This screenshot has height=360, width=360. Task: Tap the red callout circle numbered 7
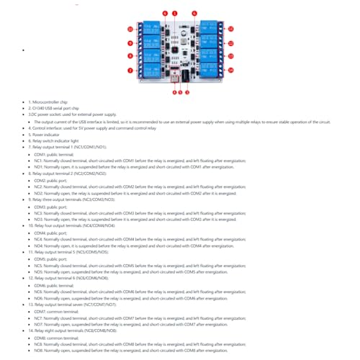coord(130,71)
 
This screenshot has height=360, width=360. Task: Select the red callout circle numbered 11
coord(231,30)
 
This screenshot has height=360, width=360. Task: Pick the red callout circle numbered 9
coord(130,43)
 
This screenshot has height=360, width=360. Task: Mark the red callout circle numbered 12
coord(231,43)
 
